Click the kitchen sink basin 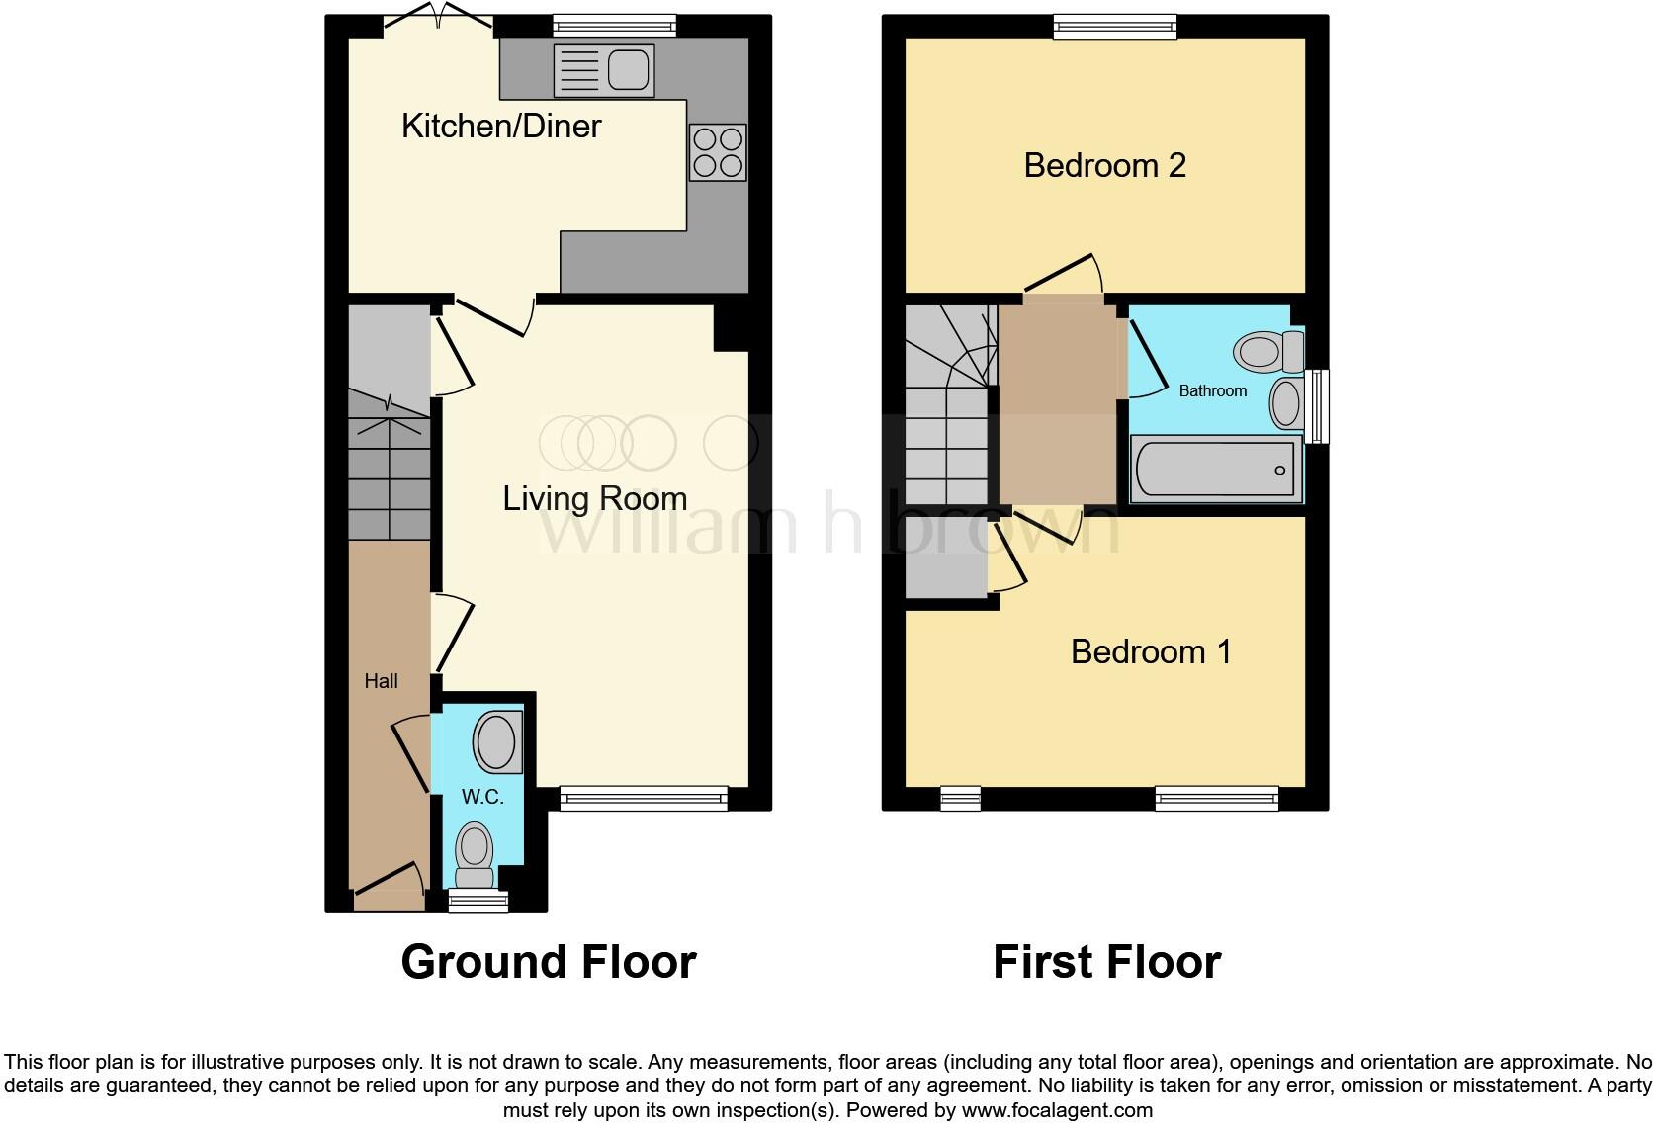[628, 70]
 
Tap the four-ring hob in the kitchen [718, 152]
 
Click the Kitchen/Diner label [501, 126]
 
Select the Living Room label [594, 498]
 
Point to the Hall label [381, 681]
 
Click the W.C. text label [482, 797]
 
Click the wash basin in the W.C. [496, 742]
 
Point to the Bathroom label [1212, 391]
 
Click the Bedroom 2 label [1104, 165]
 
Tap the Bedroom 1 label [1151, 651]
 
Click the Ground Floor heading [549, 961]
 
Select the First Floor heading [1106, 961]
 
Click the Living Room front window [644, 798]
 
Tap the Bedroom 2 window [1114, 27]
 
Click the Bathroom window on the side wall [1317, 405]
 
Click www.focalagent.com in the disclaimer [1056, 1110]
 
